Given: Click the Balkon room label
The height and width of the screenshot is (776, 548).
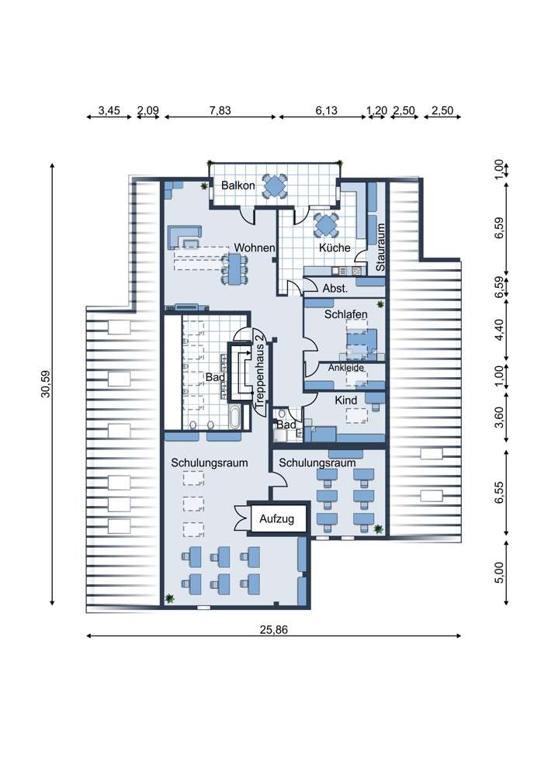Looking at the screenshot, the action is click(238, 185).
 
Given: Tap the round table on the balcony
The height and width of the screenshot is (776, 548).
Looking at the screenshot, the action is click(274, 186).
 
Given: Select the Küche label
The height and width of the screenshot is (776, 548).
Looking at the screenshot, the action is click(335, 248).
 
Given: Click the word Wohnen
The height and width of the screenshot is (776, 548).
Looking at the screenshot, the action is click(255, 248).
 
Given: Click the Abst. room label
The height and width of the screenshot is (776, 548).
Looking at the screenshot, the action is click(335, 288).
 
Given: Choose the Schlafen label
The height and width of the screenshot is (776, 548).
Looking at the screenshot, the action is click(346, 314).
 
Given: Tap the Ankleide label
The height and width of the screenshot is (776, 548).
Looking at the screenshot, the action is click(346, 368).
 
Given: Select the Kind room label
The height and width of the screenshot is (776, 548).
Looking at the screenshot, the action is click(346, 400).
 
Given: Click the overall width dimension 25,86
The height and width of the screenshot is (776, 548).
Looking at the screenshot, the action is click(274, 630).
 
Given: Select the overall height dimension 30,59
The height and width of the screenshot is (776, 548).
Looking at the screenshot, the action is click(46, 384).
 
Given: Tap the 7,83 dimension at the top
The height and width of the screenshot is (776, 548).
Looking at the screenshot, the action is click(220, 110).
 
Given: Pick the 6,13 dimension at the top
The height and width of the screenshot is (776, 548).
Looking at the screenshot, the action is click(327, 110).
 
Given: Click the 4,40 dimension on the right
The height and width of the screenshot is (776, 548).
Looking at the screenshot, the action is click(499, 330).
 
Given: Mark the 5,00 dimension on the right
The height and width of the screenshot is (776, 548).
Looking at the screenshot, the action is click(499, 573).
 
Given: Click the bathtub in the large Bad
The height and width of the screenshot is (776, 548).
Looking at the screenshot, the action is click(234, 417).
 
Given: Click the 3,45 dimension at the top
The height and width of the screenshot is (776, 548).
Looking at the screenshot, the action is click(109, 110).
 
